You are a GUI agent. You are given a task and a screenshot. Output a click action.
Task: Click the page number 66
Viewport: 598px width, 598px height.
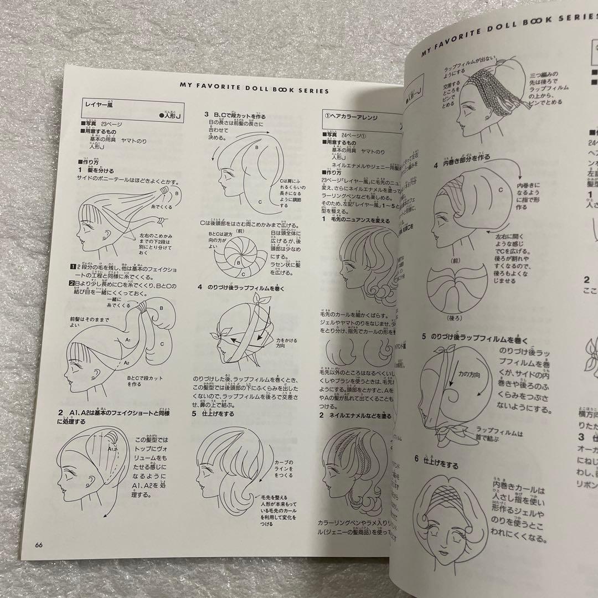[x=39, y=544]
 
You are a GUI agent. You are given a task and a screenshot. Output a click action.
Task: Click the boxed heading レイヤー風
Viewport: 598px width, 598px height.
[x=99, y=104]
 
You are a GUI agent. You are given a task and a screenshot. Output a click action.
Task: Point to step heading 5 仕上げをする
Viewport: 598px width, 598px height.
[x=213, y=413]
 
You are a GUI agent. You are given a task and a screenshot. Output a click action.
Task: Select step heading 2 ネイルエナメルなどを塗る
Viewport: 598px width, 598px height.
[x=354, y=415]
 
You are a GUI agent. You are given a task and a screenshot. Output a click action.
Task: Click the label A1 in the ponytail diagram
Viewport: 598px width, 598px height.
[x=127, y=340]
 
